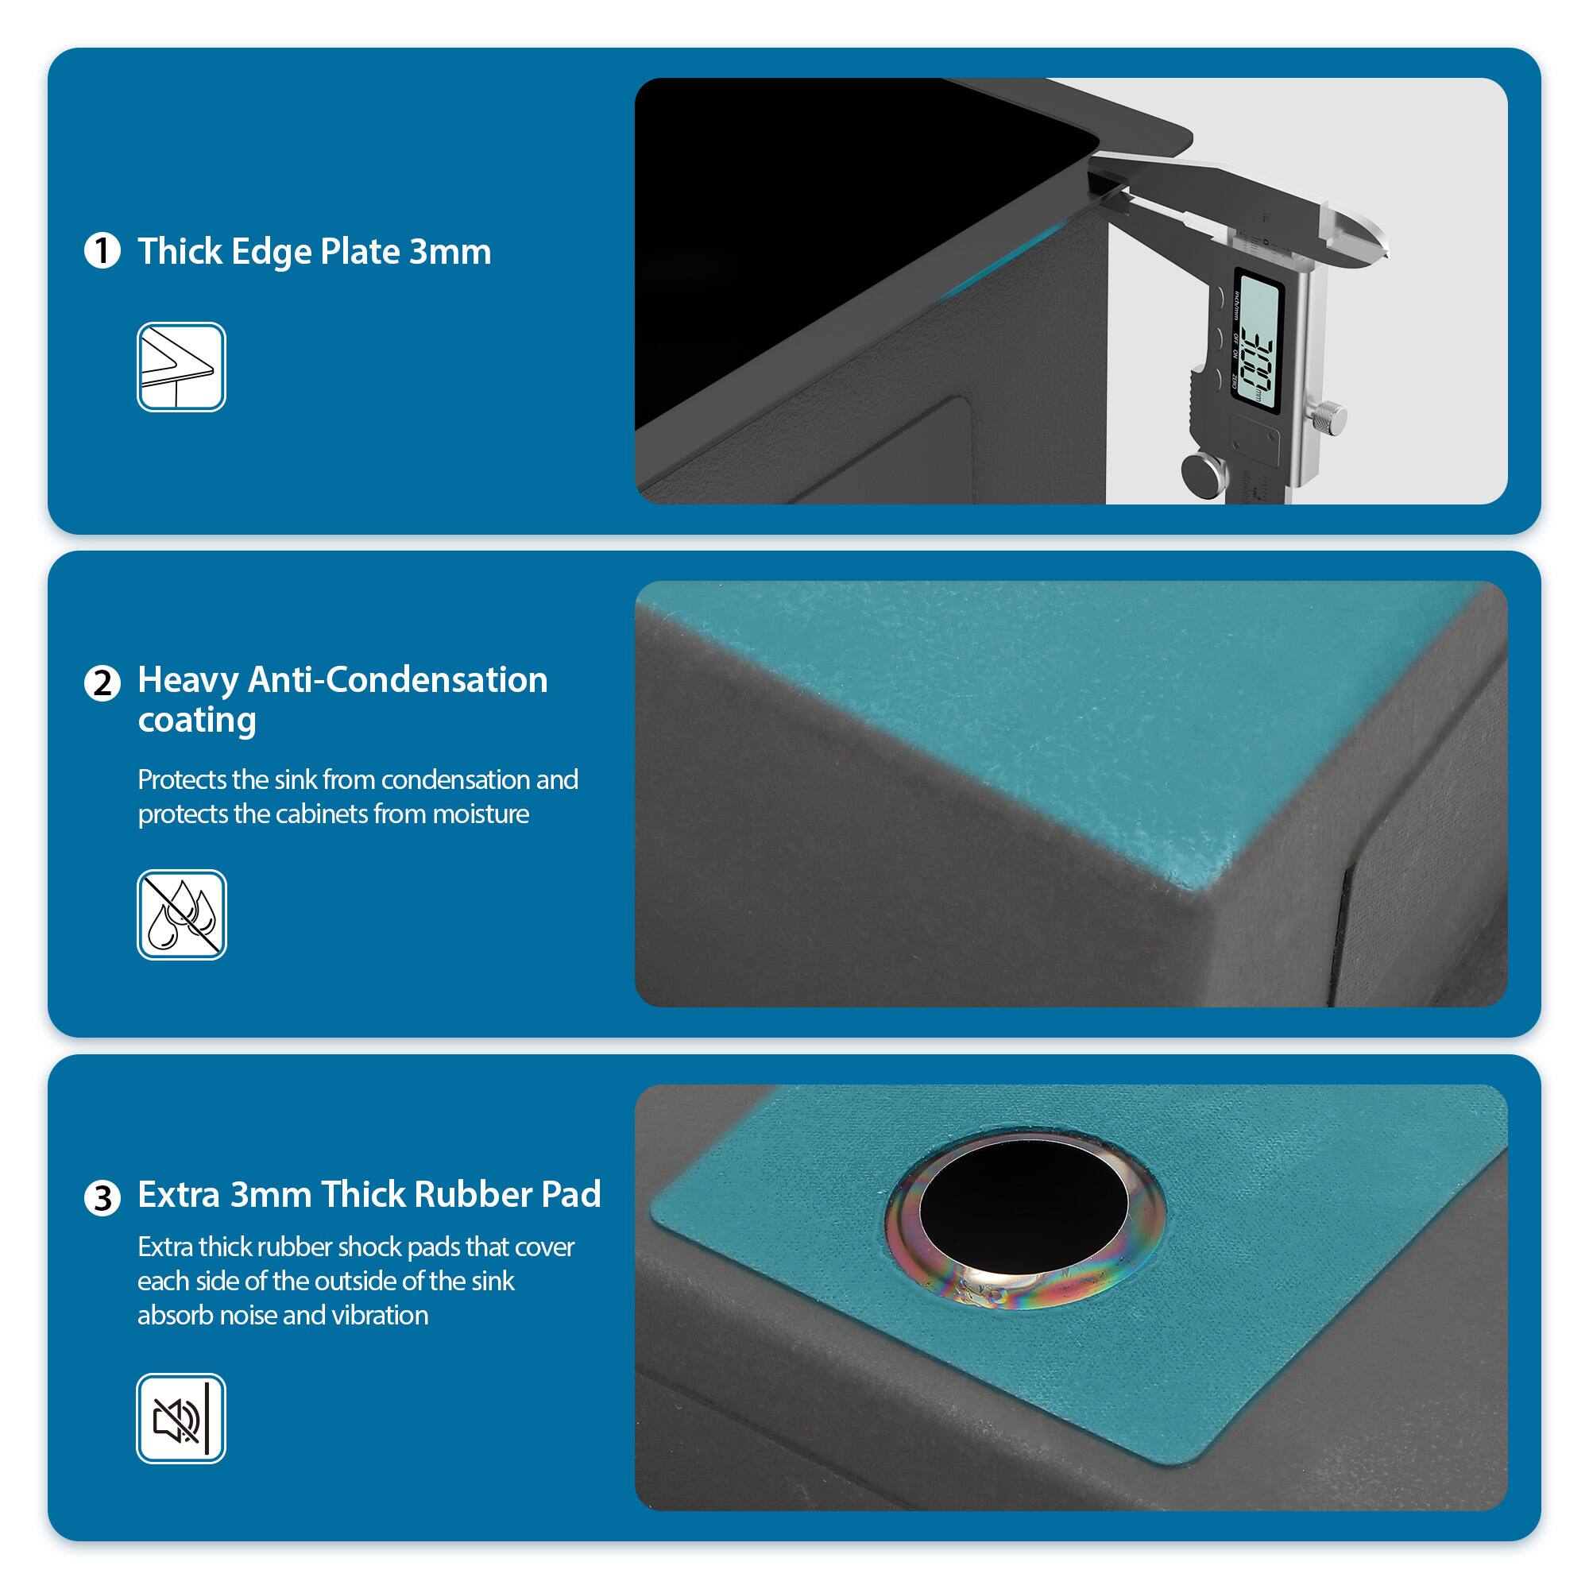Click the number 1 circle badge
102,251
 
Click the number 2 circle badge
102,682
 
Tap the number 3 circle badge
102,1197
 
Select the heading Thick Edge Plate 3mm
314,251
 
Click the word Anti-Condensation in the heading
397,680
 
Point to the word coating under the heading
196,721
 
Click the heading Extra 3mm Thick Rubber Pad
369,1194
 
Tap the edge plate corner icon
181,367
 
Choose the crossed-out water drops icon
181,914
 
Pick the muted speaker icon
181,1418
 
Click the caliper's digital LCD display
1259,344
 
